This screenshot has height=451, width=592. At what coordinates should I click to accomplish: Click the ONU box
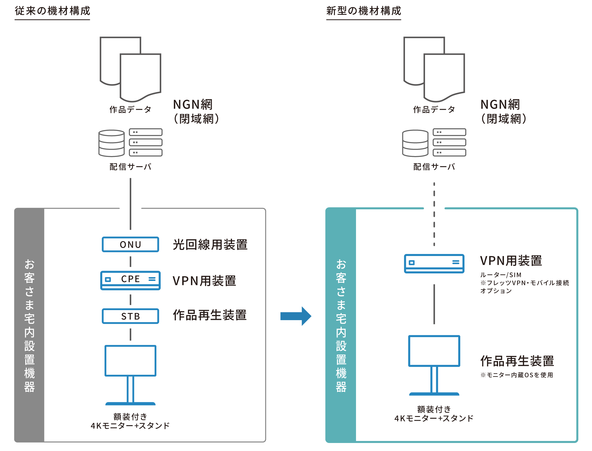(x=130, y=244)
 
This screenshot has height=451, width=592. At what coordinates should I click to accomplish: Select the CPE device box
(x=130, y=280)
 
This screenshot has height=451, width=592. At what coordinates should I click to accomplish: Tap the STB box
(x=130, y=316)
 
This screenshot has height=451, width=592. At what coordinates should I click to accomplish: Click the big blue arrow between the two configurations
(x=296, y=316)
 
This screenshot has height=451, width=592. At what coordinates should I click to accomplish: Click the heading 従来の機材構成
(x=52, y=11)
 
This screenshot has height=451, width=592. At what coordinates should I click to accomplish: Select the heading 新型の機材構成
(x=363, y=11)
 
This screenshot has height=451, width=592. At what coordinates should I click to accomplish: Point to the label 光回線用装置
(x=210, y=245)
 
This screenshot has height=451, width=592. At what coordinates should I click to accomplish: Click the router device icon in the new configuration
(x=434, y=263)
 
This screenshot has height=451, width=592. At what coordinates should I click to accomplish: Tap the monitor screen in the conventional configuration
(x=130, y=361)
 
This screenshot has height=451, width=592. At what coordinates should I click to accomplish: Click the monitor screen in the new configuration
(x=434, y=351)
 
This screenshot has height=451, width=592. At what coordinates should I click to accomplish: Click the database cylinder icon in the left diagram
(x=111, y=143)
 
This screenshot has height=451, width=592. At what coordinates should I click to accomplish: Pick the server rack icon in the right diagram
(x=449, y=142)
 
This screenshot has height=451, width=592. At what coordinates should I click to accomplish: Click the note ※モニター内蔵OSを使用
(x=516, y=375)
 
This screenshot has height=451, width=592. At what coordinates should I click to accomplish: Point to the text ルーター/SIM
(x=501, y=275)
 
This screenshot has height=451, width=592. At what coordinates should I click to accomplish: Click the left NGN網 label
(x=193, y=105)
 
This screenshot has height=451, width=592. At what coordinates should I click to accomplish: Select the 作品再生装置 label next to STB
(x=210, y=315)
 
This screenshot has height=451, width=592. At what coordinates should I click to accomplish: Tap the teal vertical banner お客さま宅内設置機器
(x=341, y=325)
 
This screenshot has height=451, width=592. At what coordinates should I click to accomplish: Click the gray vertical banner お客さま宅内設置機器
(x=29, y=325)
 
